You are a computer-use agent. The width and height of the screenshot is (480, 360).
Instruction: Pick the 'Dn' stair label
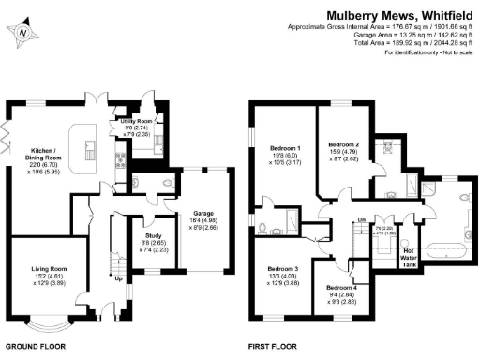(361, 221)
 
